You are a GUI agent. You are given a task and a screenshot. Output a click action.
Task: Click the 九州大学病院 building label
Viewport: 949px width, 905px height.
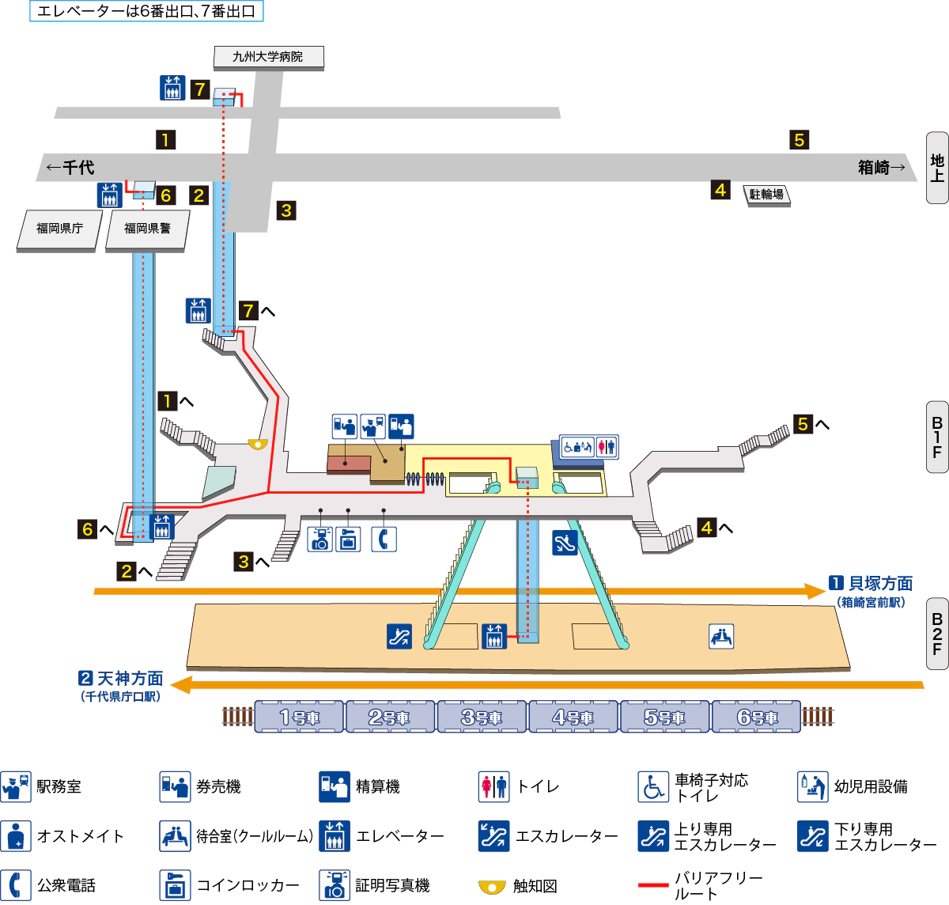click(268, 57)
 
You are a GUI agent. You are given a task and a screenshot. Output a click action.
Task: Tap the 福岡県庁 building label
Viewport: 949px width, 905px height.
click(59, 229)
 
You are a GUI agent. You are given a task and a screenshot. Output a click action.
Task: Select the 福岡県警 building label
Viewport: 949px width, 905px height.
click(147, 229)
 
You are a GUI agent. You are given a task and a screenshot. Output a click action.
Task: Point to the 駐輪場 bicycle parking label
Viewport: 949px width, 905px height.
click(766, 194)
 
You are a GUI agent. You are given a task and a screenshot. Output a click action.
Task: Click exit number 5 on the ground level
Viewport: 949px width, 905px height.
click(799, 140)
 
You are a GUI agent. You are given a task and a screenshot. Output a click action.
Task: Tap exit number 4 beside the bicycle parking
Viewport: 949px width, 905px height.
click(720, 190)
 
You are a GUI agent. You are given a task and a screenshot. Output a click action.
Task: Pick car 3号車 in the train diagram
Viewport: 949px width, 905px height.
click(482, 717)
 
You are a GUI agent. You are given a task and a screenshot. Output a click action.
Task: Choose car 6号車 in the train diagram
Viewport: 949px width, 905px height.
click(757, 717)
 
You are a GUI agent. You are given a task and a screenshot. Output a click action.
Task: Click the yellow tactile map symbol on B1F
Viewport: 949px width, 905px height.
click(258, 444)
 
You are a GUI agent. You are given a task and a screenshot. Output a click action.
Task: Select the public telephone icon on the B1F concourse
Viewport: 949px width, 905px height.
click(384, 539)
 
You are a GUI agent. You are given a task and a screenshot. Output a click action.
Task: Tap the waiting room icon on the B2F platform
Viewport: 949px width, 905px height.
click(720, 636)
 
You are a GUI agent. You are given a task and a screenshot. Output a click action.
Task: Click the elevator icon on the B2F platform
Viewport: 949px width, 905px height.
click(494, 636)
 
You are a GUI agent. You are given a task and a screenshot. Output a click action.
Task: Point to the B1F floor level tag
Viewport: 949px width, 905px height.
click(937, 437)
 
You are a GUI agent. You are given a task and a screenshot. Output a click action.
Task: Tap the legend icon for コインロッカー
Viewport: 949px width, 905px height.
click(175, 885)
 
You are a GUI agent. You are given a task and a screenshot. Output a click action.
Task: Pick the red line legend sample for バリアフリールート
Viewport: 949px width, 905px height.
click(652, 885)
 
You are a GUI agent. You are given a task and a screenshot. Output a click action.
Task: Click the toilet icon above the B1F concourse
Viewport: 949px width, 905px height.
click(606, 447)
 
